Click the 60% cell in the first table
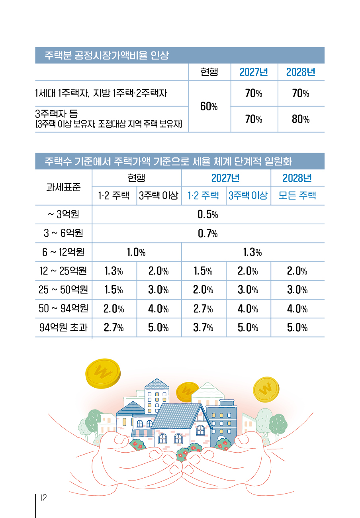click(x=209, y=107)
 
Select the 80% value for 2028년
click(x=300, y=119)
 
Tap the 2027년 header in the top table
click(x=254, y=72)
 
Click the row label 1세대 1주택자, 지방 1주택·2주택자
click(x=101, y=93)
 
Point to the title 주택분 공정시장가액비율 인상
click(x=106, y=55)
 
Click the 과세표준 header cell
click(x=63, y=187)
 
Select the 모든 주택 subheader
click(x=297, y=195)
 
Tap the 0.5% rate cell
click(x=207, y=214)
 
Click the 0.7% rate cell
click(x=207, y=233)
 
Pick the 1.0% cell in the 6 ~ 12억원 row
click(x=136, y=252)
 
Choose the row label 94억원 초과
click(x=63, y=327)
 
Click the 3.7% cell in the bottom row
click(x=203, y=328)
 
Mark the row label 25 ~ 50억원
click(x=63, y=290)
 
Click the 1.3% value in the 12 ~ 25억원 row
click(x=113, y=271)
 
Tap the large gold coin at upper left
click(x=103, y=373)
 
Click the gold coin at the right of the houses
click(x=266, y=389)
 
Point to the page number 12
click(x=43, y=498)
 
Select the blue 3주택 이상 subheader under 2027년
click(x=248, y=195)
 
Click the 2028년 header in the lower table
click(x=297, y=178)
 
